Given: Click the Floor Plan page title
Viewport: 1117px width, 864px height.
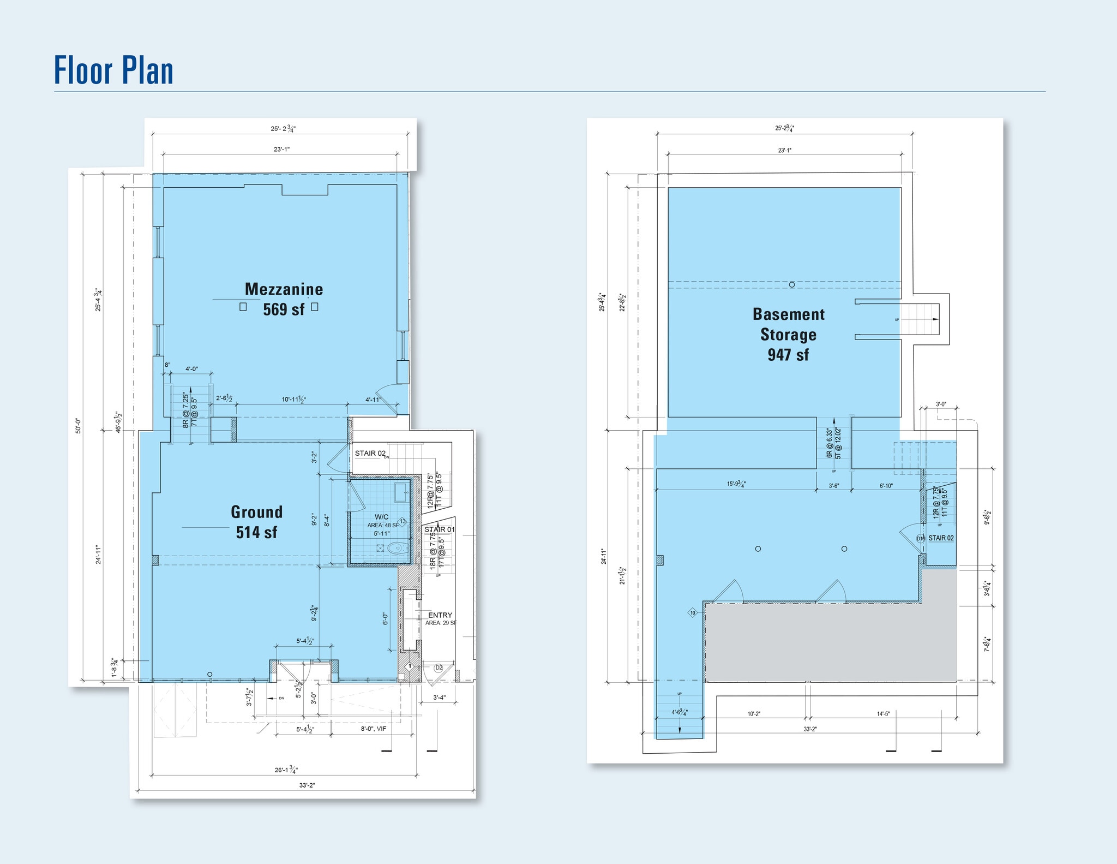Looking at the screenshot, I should click(113, 71).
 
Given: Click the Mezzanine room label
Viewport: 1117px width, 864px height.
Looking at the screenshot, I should click(284, 289).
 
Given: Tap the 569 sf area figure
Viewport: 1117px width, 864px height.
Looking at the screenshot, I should click(284, 309).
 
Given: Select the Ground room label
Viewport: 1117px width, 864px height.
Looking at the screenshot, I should click(256, 512).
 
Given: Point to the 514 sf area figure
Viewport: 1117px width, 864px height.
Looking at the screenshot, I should click(256, 532).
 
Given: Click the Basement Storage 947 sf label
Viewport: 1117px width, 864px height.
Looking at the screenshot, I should click(788, 334).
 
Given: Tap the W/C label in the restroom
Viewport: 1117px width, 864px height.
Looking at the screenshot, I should click(381, 517).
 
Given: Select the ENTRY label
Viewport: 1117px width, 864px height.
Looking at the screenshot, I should click(440, 615).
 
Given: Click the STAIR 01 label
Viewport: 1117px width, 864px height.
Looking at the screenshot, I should click(439, 529).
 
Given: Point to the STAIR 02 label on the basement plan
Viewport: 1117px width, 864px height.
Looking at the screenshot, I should click(941, 538).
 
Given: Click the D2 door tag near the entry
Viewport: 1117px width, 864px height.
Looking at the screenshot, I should click(439, 668).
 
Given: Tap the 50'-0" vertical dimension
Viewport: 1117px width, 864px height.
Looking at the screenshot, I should click(79, 426).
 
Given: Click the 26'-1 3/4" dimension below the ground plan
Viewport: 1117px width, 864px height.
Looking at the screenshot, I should click(286, 770).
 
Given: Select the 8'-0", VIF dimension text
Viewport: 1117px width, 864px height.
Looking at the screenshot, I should click(373, 729).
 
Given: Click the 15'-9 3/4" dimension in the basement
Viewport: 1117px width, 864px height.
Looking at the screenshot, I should click(736, 484).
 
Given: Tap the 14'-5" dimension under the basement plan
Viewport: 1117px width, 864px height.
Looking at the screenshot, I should click(883, 714).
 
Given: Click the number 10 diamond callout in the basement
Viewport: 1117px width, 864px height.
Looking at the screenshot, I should click(693, 613).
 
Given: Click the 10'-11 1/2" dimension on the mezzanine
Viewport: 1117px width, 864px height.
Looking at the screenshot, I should click(293, 400).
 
